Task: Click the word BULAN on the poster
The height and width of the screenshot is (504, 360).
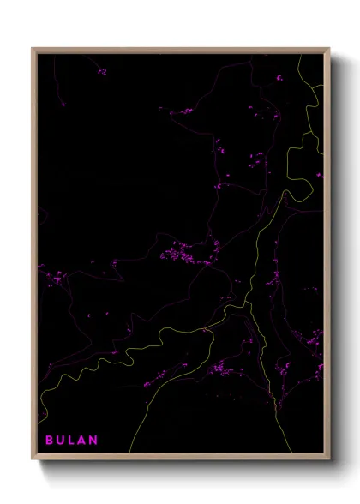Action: [73, 441]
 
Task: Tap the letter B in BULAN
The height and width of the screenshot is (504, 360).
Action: [50, 441]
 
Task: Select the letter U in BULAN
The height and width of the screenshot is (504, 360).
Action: [61, 441]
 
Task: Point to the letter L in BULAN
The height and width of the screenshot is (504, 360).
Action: [72, 441]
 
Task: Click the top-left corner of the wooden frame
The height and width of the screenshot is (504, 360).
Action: [33, 49]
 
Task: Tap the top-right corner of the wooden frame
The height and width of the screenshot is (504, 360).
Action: [329, 49]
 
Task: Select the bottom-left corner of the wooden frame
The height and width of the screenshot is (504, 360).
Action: [33, 460]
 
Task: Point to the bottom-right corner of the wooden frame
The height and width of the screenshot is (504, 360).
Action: [329, 460]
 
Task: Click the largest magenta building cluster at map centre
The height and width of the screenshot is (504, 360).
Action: [184, 253]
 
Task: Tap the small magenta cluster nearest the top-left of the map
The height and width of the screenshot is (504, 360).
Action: [102, 72]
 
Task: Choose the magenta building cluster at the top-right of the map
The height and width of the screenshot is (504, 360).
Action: [279, 78]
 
